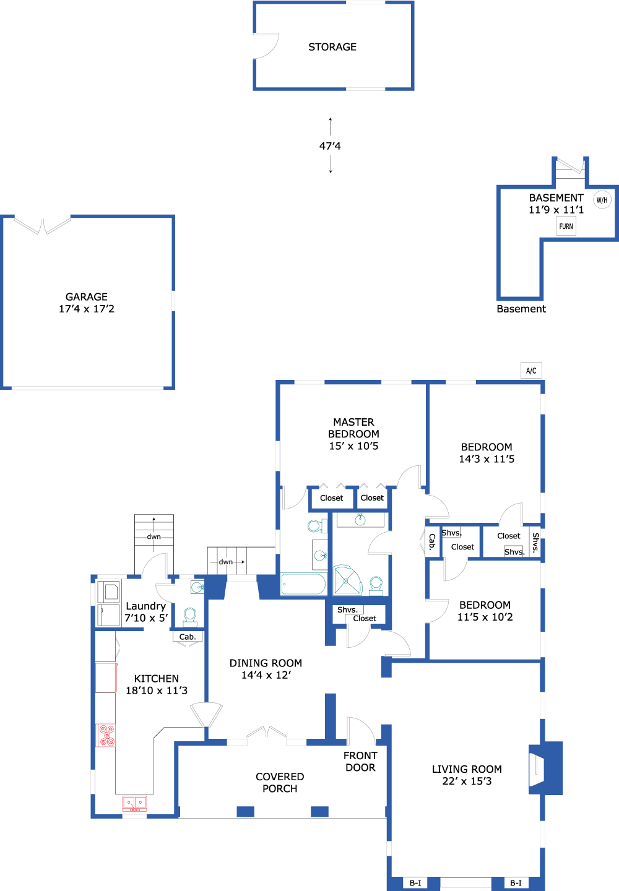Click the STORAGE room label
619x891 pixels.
click(x=332, y=47)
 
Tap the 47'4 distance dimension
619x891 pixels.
click(x=330, y=146)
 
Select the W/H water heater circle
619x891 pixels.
click(x=602, y=200)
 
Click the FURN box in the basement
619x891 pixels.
click(x=566, y=226)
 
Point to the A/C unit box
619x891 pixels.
click(x=531, y=371)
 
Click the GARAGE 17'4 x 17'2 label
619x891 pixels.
click(x=87, y=303)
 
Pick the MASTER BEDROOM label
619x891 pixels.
click(x=353, y=428)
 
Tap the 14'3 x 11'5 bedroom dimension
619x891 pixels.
click(x=487, y=459)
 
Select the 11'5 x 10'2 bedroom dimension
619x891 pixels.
click(x=485, y=617)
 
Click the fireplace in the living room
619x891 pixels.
click(x=537, y=768)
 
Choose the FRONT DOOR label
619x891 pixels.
click(x=360, y=762)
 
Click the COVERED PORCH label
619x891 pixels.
click(x=280, y=783)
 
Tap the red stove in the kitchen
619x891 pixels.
click(x=106, y=735)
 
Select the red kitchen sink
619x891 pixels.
click(x=134, y=803)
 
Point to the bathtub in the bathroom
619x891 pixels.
click(x=303, y=583)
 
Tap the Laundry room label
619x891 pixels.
click(x=145, y=606)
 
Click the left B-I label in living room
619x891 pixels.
click(x=415, y=883)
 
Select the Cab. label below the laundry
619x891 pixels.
click(x=188, y=637)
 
